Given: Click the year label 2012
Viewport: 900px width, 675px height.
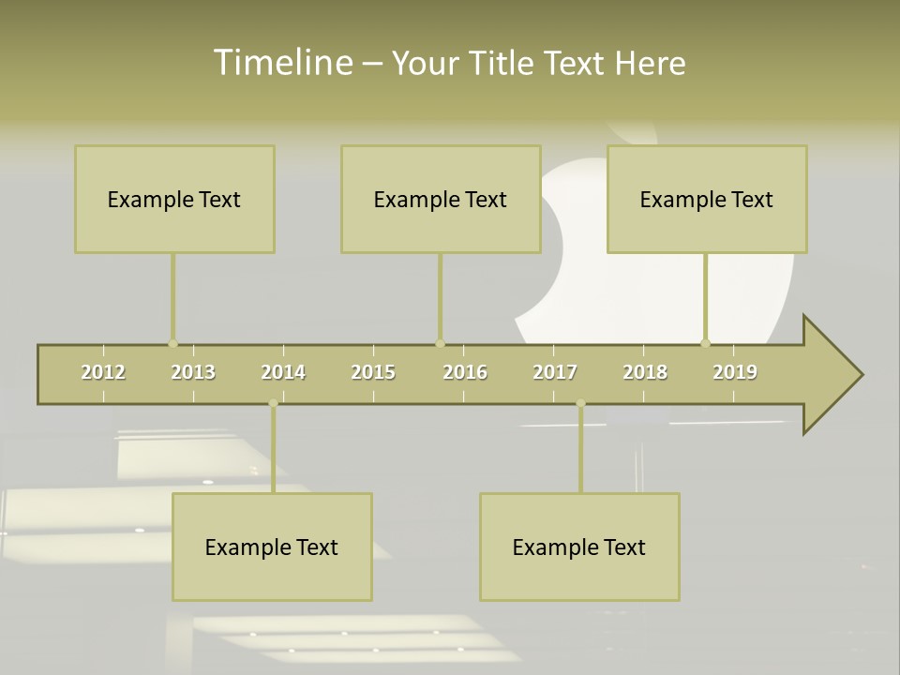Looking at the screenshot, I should (x=103, y=372).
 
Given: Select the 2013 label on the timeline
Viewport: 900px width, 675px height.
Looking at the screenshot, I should (x=193, y=372).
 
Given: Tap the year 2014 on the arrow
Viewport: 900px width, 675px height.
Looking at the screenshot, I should (x=283, y=372).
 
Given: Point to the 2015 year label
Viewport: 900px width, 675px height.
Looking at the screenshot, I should (x=373, y=372).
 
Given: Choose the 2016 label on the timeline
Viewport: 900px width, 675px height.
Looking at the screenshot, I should (x=465, y=372).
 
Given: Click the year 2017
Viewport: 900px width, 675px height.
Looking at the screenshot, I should (x=555, y=372).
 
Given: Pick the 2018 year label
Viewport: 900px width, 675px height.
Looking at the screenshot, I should (x=645, y=372).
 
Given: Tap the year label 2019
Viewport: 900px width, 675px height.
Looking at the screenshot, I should (x=735, y=372).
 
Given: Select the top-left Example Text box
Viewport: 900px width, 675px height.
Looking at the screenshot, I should (x=174, y=200).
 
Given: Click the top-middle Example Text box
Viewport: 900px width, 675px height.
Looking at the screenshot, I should (x=441, y=200).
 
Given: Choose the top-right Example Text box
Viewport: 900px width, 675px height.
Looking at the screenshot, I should (x=707, y=200).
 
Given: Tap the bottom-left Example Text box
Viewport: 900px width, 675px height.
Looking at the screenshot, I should (x=272, y=547).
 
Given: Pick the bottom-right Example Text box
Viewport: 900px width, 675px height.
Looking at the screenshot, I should (x=579, y=547).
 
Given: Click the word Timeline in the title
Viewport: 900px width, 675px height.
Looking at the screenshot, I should (x=282, y=63).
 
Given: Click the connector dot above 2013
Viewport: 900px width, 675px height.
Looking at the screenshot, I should (x=172, y=343).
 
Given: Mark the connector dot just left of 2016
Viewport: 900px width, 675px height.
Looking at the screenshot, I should (x=440, y=343).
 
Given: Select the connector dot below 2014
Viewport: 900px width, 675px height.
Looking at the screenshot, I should (x=273, y=403).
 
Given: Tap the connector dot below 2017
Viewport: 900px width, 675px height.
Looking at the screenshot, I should (x=580, y=403).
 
